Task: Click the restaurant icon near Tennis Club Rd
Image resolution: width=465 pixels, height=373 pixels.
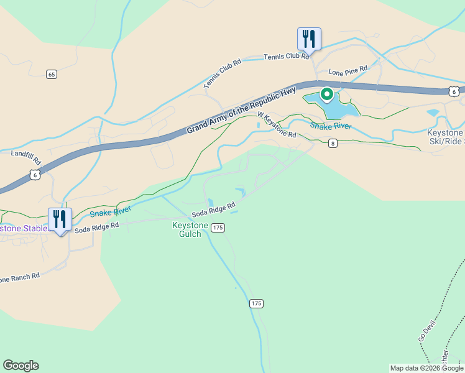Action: (309, 39)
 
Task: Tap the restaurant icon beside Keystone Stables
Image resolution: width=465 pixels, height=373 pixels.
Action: (60, 219)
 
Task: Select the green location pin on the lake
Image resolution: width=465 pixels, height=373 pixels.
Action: (326, 94)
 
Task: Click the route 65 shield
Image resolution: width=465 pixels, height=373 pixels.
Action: (52, 75)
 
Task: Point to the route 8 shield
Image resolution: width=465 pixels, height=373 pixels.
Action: (333, 144)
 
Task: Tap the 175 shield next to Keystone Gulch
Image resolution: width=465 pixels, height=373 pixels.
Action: (217, 228)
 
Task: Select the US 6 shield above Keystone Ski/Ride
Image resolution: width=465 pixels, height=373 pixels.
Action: (454, 91)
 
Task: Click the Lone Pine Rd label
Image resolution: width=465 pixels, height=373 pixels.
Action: (348, 71)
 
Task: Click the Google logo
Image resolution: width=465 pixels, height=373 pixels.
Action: (21, 366)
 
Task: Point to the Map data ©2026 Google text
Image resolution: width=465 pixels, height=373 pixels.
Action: (426, 368)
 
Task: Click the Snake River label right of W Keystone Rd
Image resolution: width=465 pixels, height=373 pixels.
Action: (331, 126)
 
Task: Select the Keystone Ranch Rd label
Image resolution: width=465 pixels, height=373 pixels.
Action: (20, 277)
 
